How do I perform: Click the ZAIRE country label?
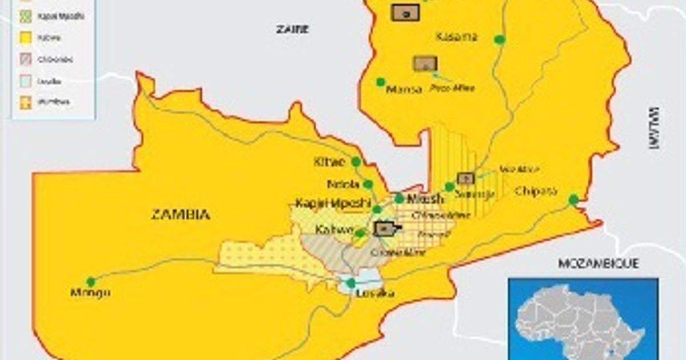(x=292, y=29)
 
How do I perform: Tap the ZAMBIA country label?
(x=180, y=215)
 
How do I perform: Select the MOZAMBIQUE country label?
(x=598, y=263)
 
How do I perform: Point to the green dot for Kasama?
(x=500, y=39)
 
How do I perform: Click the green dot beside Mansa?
(x=380, y=82)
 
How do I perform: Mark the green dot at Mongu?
(x=90, y=281)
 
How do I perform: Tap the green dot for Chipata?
(x=573, y=199)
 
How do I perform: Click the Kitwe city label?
(x=329, y=162)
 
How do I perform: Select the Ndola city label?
(x=343, y=185)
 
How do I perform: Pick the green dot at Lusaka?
(x=351, y=283)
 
